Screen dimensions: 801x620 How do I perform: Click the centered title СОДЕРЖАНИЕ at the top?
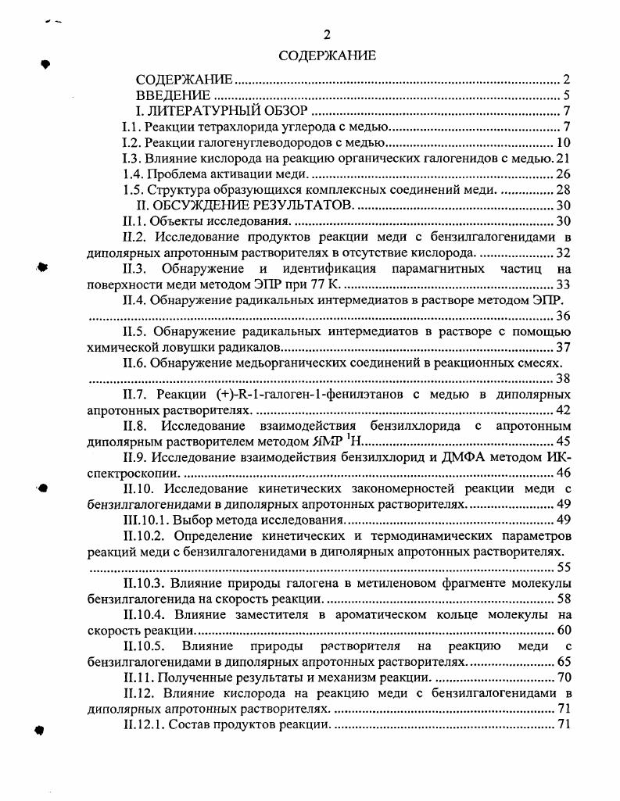[328, 55]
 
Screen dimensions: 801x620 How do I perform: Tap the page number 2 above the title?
[328, 34]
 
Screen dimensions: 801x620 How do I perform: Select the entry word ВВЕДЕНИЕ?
[178, 95]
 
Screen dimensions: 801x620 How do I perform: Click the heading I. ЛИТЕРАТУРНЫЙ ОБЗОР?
[221, 111]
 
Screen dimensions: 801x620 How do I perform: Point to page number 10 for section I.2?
[564, 142]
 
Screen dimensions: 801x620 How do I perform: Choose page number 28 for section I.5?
[564, 190]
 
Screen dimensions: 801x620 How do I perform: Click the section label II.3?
[139, 269]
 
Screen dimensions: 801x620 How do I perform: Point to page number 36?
[564, 316]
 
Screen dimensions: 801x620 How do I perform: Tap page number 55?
[564, 567]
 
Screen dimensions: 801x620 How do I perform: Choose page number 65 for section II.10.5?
[564, 662]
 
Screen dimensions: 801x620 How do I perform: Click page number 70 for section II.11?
[564, 678]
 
